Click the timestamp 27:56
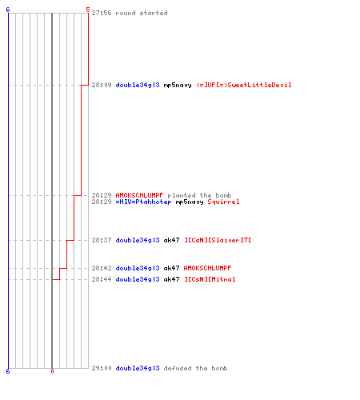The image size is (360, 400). coord(102,13)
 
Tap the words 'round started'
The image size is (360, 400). coord(142,13)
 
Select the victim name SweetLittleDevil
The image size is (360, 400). coord(259,85)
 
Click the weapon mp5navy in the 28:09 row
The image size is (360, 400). coord(178,86)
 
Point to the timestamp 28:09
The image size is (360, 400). coord(102,85)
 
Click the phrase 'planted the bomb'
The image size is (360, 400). coord(199,195)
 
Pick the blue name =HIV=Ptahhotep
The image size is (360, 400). coord(143,202)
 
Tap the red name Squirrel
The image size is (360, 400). coord(223,202)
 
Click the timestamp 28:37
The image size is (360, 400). coord(102,240)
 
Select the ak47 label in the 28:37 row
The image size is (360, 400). coord(171,240)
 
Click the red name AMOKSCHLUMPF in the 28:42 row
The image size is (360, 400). coord(207,268)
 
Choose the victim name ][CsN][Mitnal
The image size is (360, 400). coord(210,279)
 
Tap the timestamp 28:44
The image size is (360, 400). coord(102,279)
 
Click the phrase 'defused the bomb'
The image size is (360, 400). coord(195,368)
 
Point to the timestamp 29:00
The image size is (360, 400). coord(102,368)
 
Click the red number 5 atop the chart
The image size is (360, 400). coord(88,10)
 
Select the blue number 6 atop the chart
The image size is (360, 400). coord(8,10)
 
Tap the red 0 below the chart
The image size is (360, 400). coord(52,371)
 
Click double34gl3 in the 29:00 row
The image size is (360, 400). coord(138,368)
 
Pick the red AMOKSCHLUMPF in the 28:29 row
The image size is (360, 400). coord(139,195)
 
